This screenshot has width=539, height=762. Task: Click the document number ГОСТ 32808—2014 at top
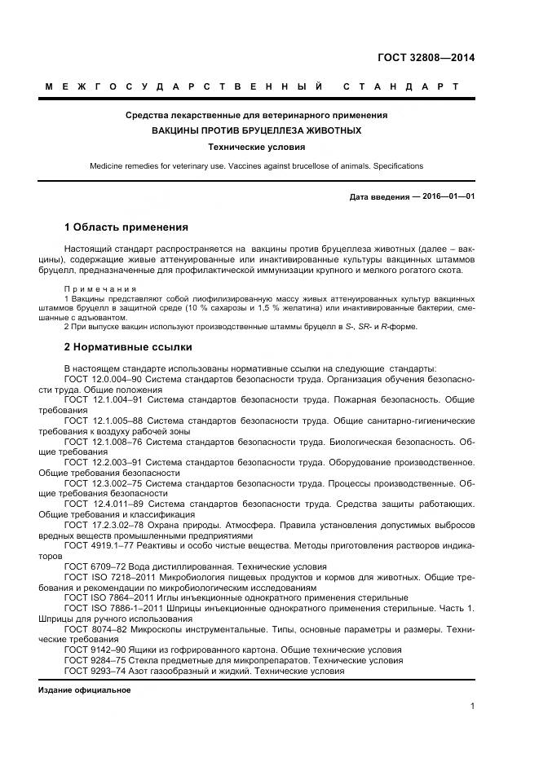point(426,58)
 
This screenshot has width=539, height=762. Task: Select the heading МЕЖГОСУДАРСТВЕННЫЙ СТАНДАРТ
point(252,86)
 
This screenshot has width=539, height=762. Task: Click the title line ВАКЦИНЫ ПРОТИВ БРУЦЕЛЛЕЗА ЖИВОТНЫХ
point(256,130)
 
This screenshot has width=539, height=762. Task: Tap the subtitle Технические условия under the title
point(256,148)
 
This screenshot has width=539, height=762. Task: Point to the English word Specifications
point(396,166)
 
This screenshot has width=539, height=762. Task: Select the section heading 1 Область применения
point(126,227)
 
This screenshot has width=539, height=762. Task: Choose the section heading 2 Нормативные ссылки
point(128,347)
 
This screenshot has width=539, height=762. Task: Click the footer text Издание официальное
point(85,690)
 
